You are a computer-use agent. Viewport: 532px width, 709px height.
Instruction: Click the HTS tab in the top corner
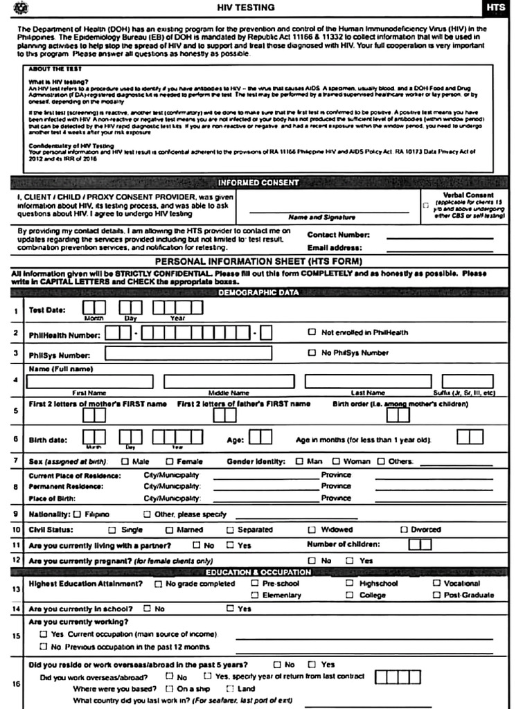click(x=496, y=8)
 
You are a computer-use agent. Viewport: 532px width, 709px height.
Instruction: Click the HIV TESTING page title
click(x=245, y=8)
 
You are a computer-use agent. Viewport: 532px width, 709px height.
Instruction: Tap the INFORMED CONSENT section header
click(x=258, y=183)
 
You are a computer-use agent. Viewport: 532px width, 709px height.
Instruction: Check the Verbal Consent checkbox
click(x=425, y=206)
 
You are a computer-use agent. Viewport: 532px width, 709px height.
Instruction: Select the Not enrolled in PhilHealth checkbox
click(x=312, y=332)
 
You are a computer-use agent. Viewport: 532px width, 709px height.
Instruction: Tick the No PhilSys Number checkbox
click(x=312, y=353)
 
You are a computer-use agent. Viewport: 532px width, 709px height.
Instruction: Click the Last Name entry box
click(x=367, y=381)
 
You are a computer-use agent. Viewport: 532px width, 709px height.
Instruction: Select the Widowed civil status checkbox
click(x=312, y=530)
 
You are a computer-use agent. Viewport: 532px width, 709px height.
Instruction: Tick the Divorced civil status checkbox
click(x=404, y=530)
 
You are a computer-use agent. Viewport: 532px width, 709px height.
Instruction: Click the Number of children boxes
click(x=420, y=545)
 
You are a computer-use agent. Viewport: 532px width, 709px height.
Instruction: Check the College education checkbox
click(x=350, y=595)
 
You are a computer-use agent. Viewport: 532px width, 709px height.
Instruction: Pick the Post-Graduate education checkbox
click(x=436, y=595)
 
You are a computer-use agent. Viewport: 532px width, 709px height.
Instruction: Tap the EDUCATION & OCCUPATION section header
click(x=258, y=573)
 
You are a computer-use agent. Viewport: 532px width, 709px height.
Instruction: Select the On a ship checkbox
click(x=168, y=689)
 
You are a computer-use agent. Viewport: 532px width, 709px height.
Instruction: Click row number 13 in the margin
click(x=15, y=589)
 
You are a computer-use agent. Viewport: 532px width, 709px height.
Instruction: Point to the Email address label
click(x=335, y=247)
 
